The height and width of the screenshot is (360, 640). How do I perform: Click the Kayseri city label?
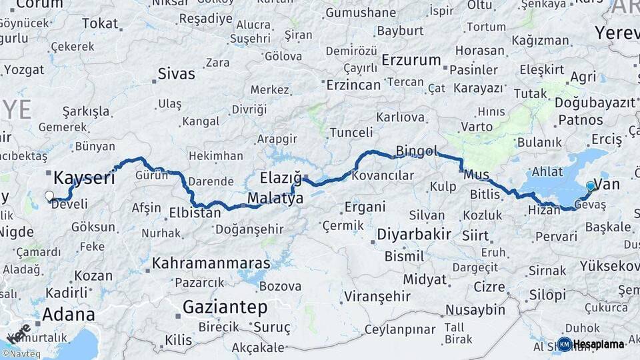point(83,178)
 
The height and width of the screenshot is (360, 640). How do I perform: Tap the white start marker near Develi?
point(49,196)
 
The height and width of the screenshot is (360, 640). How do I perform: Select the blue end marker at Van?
point(590,186)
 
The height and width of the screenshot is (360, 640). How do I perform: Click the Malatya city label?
point(275,199)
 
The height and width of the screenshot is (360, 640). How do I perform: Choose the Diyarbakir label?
point(414,235)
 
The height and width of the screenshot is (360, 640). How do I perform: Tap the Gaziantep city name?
point(225,307)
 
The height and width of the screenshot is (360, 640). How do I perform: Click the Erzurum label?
point(411,60)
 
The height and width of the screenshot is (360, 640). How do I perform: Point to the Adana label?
point(69,313)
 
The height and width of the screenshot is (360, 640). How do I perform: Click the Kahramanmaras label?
point(211,263)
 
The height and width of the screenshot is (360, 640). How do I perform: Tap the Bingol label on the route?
point(415,149)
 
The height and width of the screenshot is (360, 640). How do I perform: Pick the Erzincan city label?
point(353,85)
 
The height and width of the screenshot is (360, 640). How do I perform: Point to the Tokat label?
point(100,24)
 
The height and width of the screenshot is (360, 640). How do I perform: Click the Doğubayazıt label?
point(595,103)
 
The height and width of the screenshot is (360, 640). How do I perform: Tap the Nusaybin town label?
point(475,309)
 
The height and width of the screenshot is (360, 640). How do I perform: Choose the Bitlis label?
point(485,195)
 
